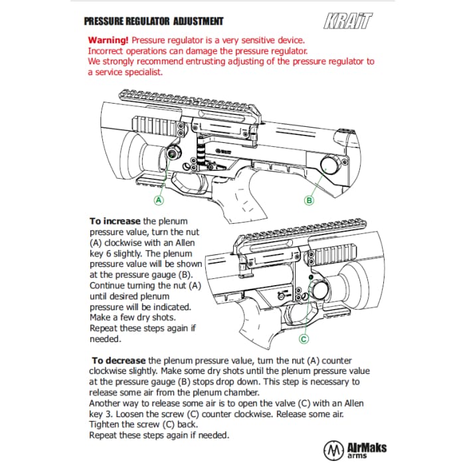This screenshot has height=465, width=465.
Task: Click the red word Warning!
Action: pyautogui.click(x=108, y=40)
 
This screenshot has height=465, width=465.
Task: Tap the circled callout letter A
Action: pyautogui.click(x=159, y=199)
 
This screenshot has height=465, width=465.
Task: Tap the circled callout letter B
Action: pyautogui.click(x=309, y=199)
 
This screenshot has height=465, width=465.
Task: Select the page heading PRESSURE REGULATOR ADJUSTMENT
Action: pyautogui.click(x=153, y=21)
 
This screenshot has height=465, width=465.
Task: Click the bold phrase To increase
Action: pyautogui.click(x=115, y=221)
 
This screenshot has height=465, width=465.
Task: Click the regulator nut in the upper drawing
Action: pyautogui.click(x=171, y=153)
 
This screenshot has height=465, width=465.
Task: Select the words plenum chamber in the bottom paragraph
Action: pyautogui.click(x=219, y=392)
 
